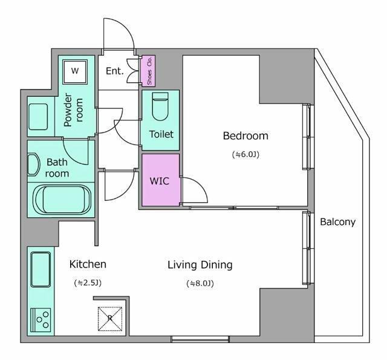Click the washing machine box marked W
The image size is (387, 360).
75,71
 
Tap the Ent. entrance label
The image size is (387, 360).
114,71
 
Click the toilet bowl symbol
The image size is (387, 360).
160,107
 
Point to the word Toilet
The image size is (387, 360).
161,134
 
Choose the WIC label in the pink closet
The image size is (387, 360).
160,180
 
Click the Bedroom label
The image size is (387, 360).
245,136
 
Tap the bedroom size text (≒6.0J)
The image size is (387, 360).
245,154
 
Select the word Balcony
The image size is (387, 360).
337,221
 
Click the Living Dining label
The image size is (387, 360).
200,265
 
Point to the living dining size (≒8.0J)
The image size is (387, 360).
200,283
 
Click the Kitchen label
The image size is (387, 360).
88,264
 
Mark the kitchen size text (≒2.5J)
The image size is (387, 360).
88,283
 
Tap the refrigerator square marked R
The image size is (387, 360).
110,318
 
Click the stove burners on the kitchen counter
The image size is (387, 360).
41,318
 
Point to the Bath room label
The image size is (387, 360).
57,168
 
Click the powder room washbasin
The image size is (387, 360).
39,115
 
